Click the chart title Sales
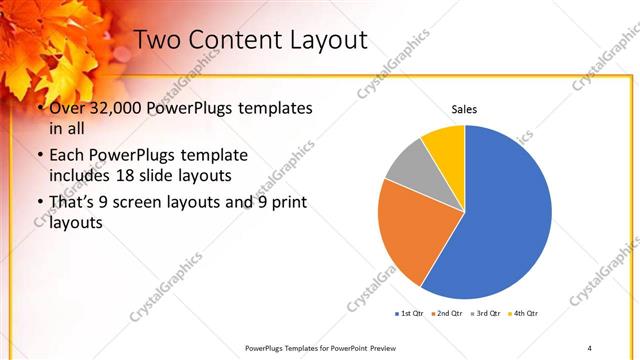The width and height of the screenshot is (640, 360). [x=464, y=108]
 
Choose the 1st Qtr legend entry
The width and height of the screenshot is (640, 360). [x=411, y=313]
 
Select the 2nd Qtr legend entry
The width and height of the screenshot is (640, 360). [x=448, y=313]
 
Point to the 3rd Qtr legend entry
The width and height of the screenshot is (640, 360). [x=486, y=313]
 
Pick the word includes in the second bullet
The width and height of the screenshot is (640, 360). [x=79, y=176]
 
